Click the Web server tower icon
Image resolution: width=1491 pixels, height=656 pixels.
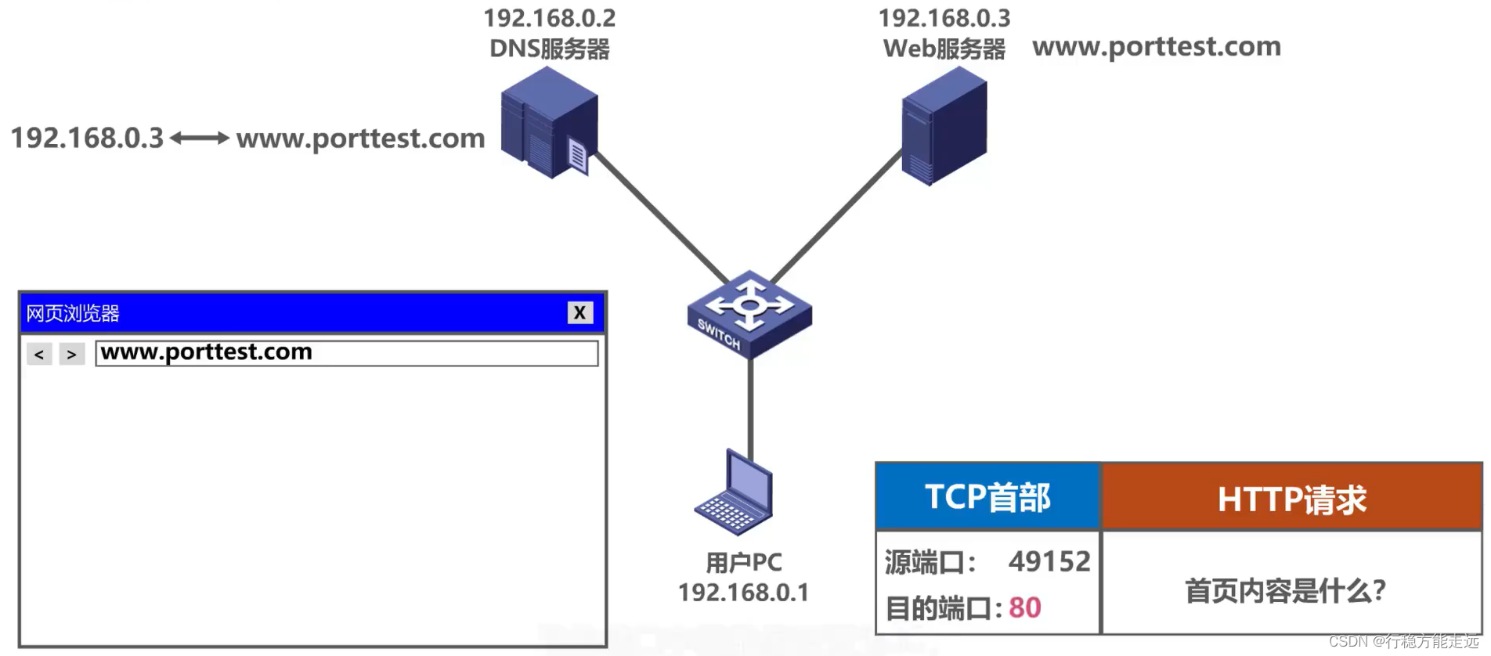pyautogui.click(x=944, y=125)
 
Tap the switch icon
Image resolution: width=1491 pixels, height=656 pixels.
pyautogui.click(x=749, y=313)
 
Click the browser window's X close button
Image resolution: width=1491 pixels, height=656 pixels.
pyautogui.click(x=579, y=313)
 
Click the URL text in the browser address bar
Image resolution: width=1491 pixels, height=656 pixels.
pyautogui.click(x=207, y=352)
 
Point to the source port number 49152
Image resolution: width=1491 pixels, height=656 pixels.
pyautogui.click(x=1049, y=561)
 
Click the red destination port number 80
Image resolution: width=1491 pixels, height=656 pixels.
pyautogui.click(x=1024, y=607)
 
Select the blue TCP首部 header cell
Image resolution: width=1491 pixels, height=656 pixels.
pyautogui.click(x=987, y=497)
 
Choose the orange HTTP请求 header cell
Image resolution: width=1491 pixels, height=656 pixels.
pyautogui.click(x=1291, y=499)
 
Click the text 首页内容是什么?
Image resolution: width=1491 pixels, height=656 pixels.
pyautogui.click(x=1285, y=590)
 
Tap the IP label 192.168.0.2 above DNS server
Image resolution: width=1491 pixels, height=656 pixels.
pyautogui.click(x=549, y=18)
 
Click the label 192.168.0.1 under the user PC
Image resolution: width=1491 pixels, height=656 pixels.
pyautogui.click(x=743, y=593)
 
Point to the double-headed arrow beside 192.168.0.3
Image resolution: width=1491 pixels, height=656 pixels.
pyautogui.click(x=200, y=139)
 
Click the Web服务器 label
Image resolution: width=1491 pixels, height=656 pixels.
pyautogui.click(x=944, y=49)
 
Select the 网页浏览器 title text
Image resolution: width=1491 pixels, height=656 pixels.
pyautogui.click(x=73, y=313)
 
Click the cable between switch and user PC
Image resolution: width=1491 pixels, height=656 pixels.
pyautogui.click(x=750, y=407)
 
